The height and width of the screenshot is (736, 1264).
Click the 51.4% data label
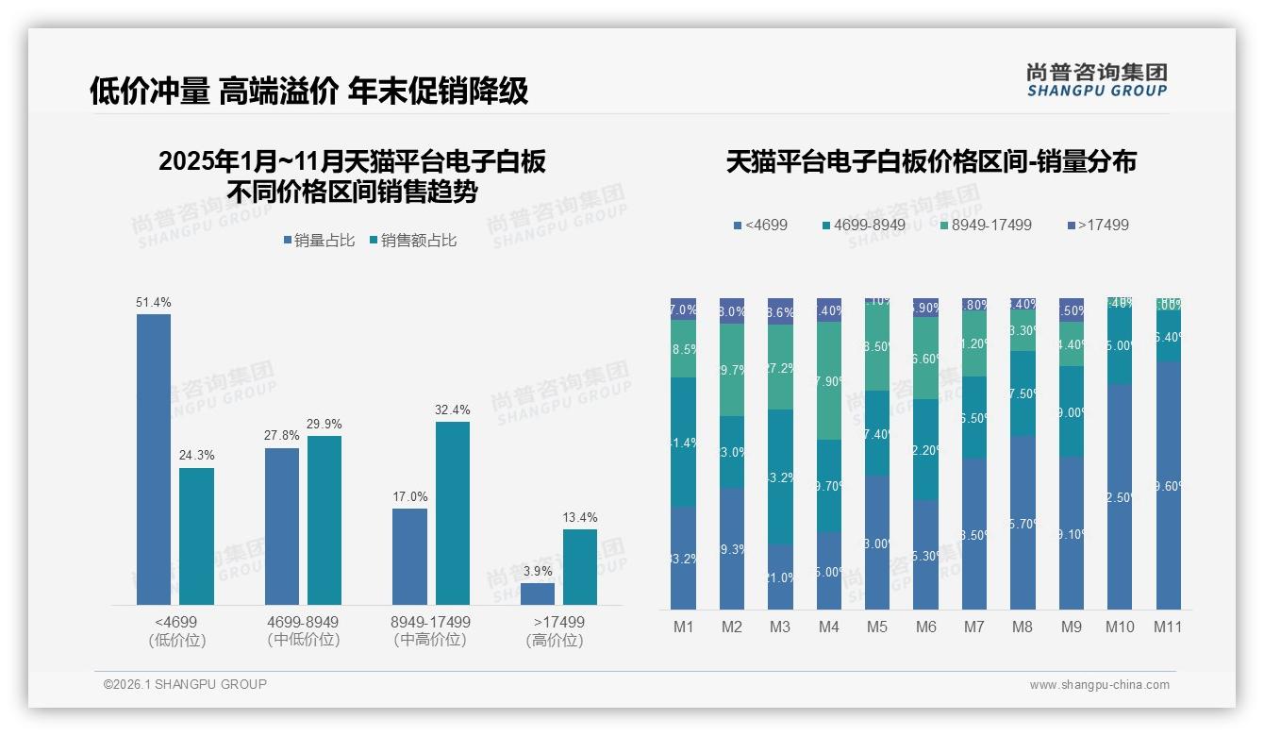tap(154, 302)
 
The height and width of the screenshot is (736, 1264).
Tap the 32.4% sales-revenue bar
tap(453, 513)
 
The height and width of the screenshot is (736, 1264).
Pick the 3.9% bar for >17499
tap(538, 594)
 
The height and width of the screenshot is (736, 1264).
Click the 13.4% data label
tap(580, 517)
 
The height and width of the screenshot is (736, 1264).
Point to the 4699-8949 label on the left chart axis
tap(303, 623)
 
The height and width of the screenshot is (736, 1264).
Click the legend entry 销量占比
tap(318, 241)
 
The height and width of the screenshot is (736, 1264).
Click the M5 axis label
tap(877, 627)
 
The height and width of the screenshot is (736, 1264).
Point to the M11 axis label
tap(1168, 627)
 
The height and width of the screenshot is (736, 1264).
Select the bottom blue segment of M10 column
tap(1120, 496)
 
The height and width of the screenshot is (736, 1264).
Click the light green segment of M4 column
tap(829, 381)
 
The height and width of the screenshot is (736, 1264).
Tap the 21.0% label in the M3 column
tap(780, 577)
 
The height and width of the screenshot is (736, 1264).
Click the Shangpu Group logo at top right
tap(1097, 79)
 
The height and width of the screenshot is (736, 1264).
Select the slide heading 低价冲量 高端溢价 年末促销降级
tap(308, 91)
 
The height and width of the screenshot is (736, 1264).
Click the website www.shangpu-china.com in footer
tap(1099, 685)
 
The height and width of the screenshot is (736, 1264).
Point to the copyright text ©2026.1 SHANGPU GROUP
tap(185, 684)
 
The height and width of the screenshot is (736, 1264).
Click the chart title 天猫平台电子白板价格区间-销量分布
tap(931, 161)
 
